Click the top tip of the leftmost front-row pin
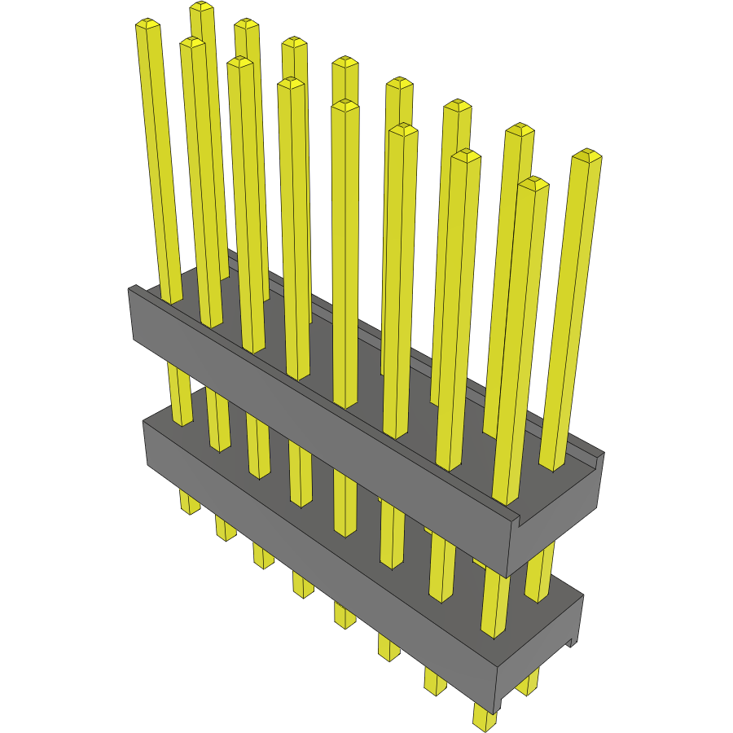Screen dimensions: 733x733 tap(147, 24)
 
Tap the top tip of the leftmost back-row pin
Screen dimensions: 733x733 tap(201, 7)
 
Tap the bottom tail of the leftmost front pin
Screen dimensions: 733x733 tap(189, 503)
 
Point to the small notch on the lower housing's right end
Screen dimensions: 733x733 tap(573, 642)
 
